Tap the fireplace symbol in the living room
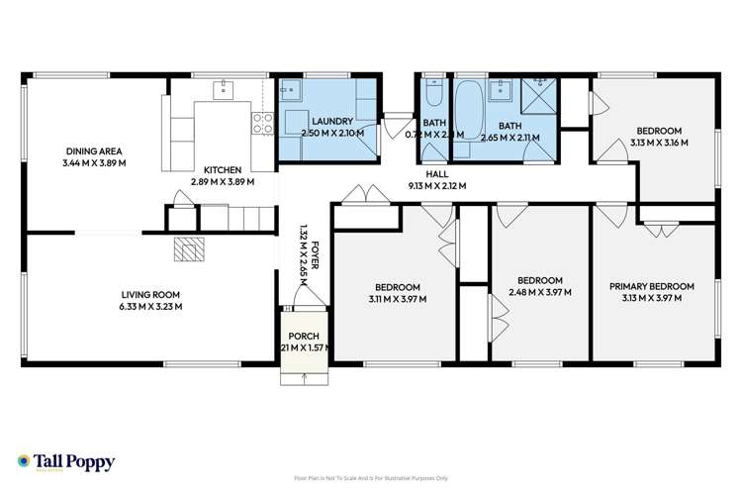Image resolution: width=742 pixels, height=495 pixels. pyautogui.click(x=186, y=249)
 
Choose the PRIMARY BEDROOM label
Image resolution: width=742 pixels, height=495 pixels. pyautogui.click(x=651, y=287)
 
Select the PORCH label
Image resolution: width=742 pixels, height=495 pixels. pyautogui.click(x=303, y=336)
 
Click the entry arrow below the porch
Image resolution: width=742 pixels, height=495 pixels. pyautogui.click(x=304, y=377)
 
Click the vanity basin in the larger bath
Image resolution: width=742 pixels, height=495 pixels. pyautogui.click(x=503, y=89)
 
